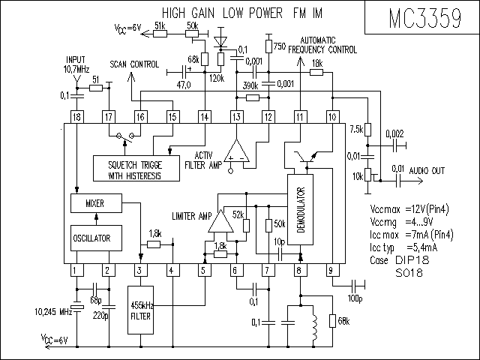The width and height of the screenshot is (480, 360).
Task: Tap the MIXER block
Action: coord(94,203)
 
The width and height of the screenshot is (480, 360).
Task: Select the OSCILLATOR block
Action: coord(92,238)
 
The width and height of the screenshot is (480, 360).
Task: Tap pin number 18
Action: coord(76,117)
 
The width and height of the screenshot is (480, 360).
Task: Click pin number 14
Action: coord(204,117)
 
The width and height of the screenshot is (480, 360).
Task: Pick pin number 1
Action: coord(76,270)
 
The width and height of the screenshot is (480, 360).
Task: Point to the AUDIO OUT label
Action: coord(427,170)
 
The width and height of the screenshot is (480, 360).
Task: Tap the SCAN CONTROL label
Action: coord(134,65)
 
